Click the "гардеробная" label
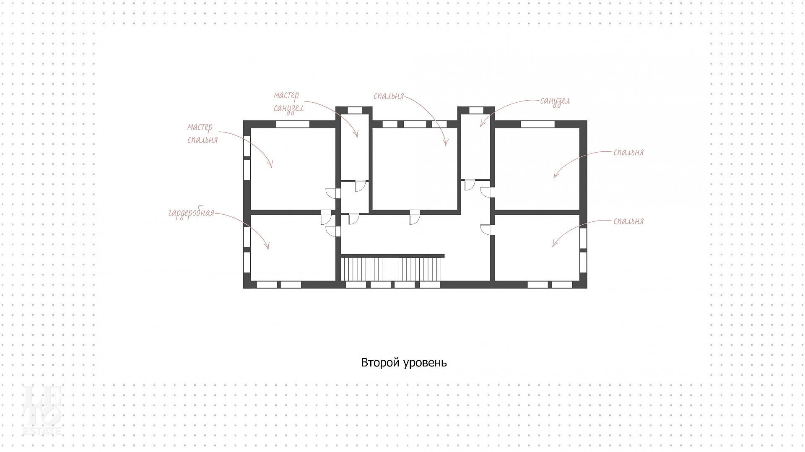191,213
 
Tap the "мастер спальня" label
202,133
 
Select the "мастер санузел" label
288,102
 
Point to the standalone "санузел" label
555,101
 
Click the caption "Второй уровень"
404,363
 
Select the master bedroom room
293,169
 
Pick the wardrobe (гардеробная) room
293,247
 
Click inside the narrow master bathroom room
354,147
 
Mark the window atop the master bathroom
355,111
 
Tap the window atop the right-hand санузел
476,111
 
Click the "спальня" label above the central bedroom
389,96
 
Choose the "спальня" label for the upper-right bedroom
628,152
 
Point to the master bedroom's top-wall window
293,124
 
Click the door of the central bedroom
415,217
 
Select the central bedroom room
415,169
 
